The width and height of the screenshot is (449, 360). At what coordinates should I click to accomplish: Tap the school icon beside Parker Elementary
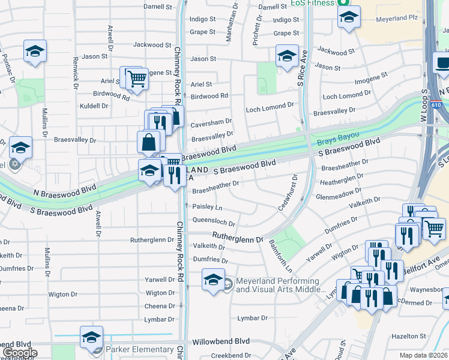(91, 338)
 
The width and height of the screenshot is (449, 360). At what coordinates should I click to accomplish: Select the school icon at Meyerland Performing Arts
(213, 280)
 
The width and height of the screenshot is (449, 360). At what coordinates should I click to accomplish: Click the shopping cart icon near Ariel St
(137, 79)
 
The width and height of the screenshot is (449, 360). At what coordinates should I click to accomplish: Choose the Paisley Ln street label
(206, 207)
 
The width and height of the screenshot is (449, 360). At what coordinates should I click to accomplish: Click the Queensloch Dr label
(213, 221)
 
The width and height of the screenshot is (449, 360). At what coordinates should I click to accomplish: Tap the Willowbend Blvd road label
(225, 341)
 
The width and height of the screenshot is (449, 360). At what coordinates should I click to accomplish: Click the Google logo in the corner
(20, 353)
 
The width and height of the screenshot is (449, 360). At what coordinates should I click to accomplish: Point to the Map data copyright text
(424, 355)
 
